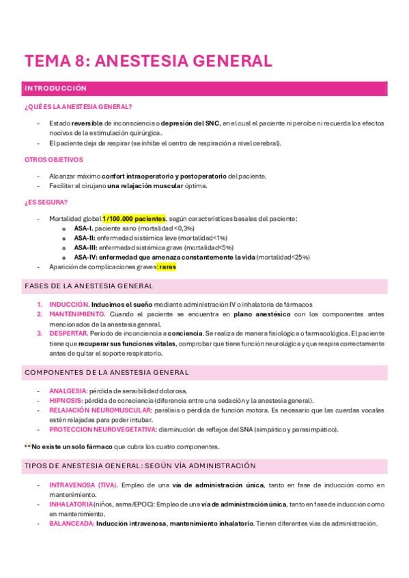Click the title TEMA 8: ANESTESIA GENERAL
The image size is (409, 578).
click(x=148, y=61)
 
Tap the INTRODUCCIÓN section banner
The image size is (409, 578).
click(x=56, y=89)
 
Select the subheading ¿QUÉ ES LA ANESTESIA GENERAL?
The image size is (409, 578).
click(x=78, y=107)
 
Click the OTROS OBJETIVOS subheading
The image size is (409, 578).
click(x=53, y=159)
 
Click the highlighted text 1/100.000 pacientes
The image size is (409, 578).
click(x=129, y=218)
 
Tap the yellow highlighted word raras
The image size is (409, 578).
click(x=167, y=267)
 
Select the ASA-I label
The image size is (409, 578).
click(x=83, y=228)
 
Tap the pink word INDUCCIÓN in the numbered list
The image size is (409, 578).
click(x=68, y=304)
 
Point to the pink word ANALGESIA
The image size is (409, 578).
click(x=68, y=391)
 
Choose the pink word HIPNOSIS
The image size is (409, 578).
click(x=66, y=401)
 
